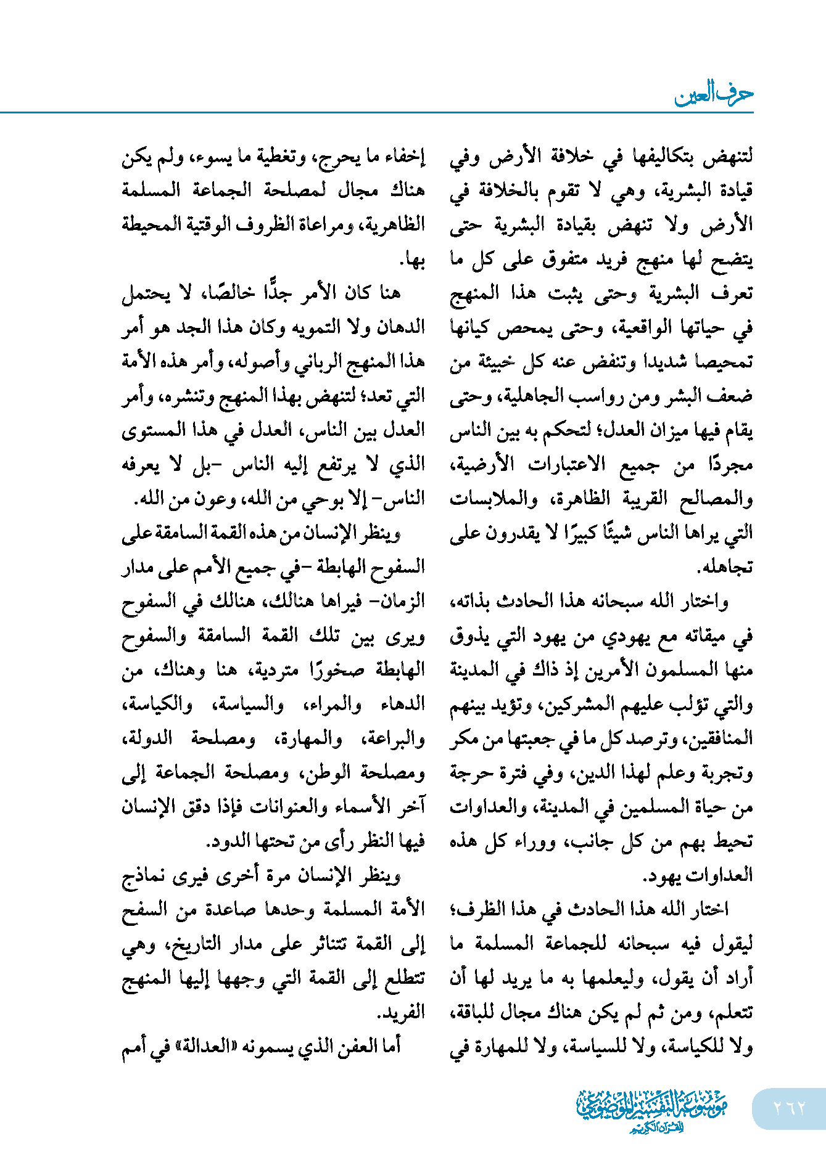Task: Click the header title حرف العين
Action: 713,94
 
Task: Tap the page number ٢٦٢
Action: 789,1108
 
